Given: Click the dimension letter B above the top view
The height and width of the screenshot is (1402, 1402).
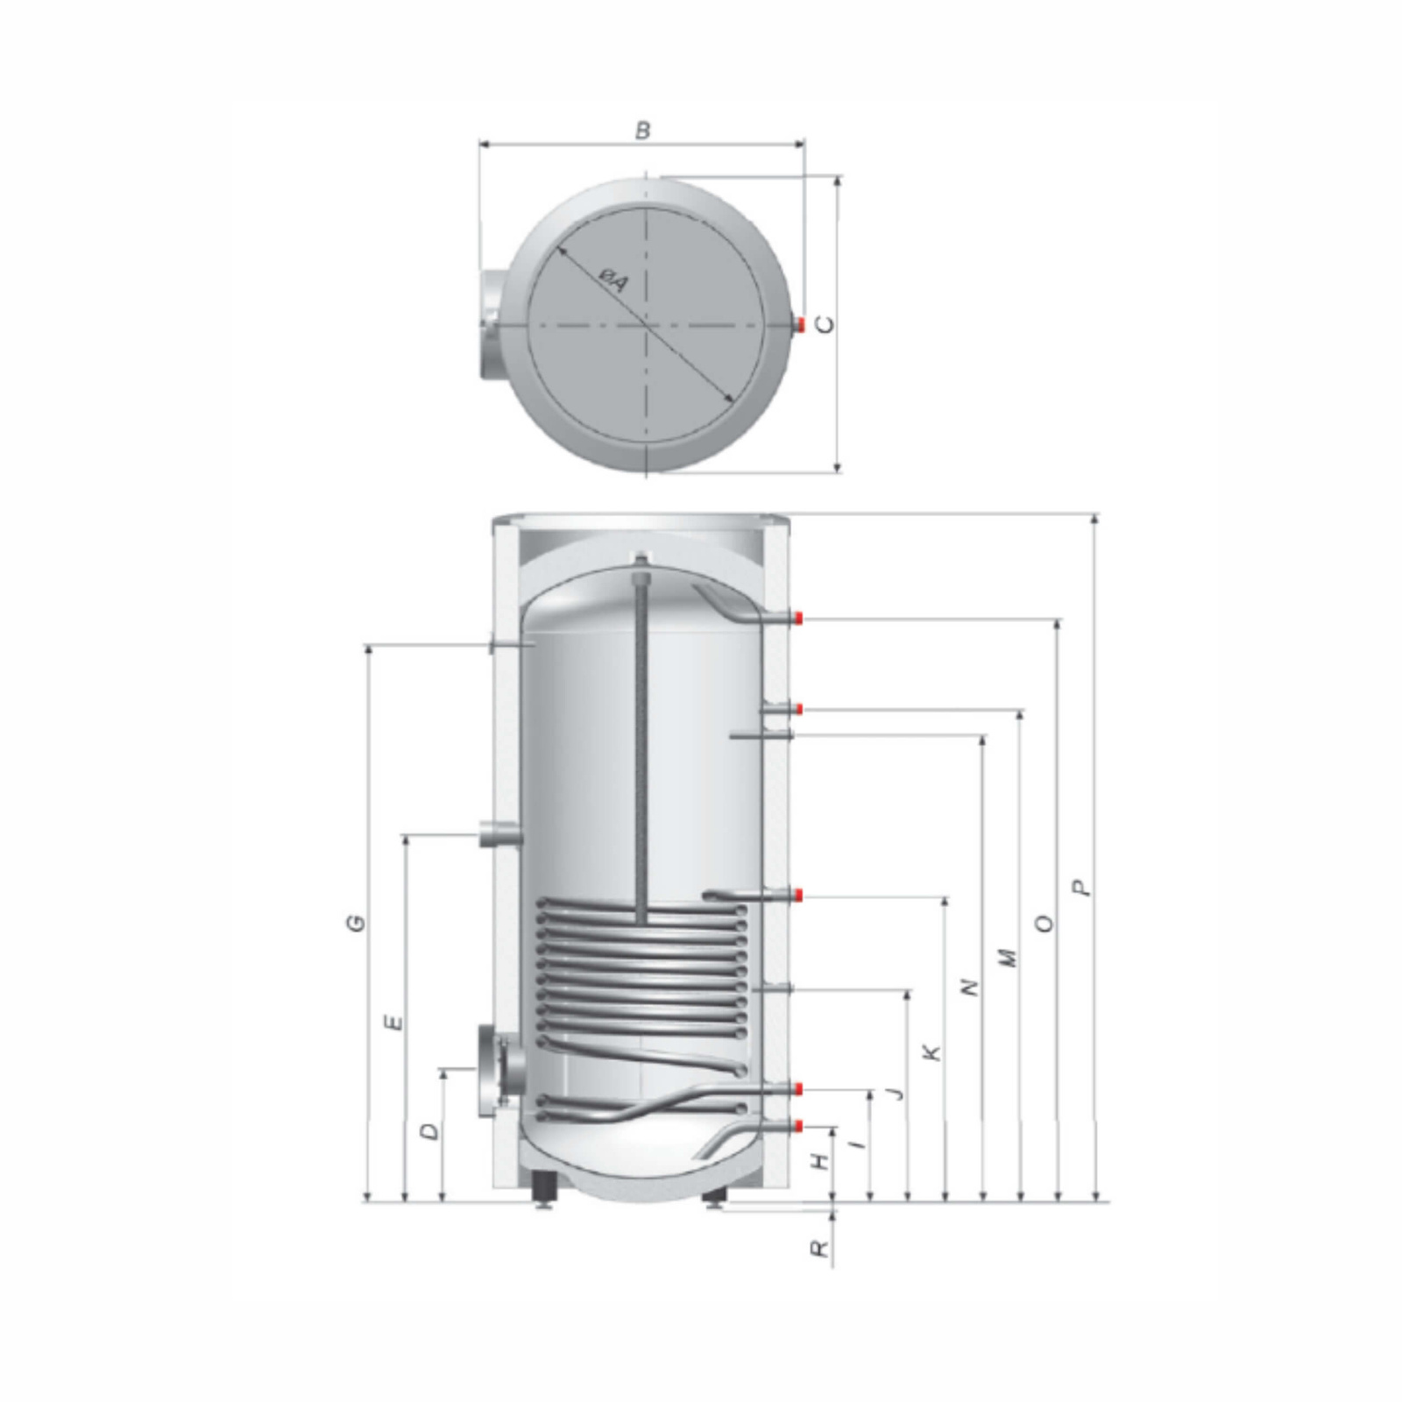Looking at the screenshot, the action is [x=643, y=131].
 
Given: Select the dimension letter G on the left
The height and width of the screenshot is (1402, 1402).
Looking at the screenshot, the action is [x=355, y=923].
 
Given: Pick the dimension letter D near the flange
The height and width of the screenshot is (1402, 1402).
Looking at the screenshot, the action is [x=429, y=1132].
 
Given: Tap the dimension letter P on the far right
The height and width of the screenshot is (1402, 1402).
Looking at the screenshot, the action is [x=1085, y=887].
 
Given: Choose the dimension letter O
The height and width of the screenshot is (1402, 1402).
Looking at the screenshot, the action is [x=1044, y=924].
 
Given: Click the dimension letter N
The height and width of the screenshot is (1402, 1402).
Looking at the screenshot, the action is [x=968, y=988].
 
